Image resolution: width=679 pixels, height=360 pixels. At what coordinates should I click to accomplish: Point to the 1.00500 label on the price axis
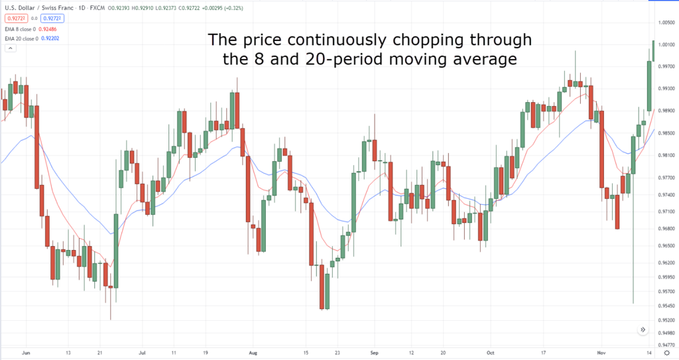(666, 23)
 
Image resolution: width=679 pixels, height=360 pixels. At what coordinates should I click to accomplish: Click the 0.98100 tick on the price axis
(666, 155)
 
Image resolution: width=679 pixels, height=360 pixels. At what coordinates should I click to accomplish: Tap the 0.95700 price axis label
(666, 292)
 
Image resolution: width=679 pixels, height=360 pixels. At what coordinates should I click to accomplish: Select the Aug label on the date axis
(252, 353)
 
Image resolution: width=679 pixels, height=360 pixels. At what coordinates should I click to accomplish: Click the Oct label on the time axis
(490, 353)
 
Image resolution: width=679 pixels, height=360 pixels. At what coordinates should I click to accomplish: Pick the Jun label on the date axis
(27, 353)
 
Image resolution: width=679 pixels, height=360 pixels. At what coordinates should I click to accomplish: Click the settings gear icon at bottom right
(666, 353)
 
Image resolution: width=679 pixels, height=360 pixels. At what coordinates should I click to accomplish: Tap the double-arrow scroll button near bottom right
(643, 330)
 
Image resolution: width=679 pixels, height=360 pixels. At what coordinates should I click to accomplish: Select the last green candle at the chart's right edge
(654, 50)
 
